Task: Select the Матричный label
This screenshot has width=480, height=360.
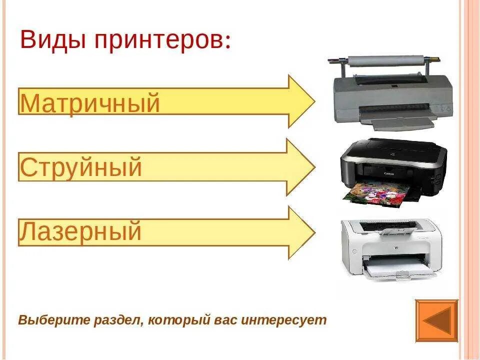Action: click(x=90, y=103)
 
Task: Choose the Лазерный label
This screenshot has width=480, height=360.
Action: click(x=80, y=232)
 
